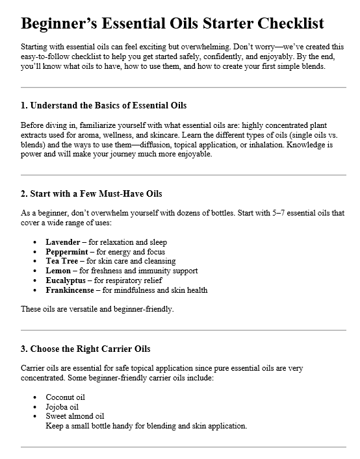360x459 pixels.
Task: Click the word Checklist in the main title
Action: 286,24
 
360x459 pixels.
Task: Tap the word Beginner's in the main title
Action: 58,24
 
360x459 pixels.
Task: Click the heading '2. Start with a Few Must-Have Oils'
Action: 92,193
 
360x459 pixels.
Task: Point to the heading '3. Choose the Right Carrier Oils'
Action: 85,348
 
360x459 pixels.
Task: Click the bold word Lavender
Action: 62,242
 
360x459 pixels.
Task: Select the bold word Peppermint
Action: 66,251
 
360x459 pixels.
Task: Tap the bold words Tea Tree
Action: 61,261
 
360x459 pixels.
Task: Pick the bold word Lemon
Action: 58,271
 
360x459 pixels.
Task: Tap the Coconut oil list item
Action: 65,397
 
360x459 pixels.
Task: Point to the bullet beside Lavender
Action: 34,242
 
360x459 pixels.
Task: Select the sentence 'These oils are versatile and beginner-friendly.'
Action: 97,309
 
